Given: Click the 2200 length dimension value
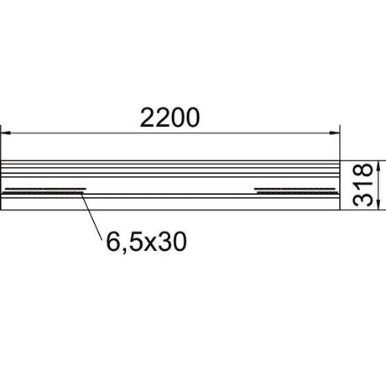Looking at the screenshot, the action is pos(170,117).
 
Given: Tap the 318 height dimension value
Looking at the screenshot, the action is pos(363,185).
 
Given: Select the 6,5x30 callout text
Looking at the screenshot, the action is pos(146,242).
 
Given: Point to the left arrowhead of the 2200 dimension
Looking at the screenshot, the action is pos(6,133).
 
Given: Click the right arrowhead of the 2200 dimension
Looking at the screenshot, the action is pos(335,133).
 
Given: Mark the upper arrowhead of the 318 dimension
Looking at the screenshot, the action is pos(378,165).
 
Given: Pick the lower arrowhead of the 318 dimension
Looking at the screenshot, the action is pos(378,205).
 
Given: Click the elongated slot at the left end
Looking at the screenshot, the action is pos(44,190).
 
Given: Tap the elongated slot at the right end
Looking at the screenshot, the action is pos(296,190).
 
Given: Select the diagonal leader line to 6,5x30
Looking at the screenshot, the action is pos(91,216).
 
